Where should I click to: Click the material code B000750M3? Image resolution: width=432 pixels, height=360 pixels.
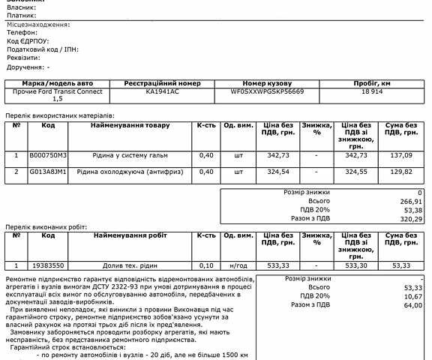tap(48, 154)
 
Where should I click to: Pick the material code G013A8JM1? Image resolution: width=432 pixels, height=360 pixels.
tap(48, 172)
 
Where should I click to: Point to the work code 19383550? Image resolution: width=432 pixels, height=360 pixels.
tap(48, 265)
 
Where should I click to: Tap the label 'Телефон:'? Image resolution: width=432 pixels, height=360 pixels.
tap(22, 34)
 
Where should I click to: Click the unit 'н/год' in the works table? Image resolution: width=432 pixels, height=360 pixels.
tap(238, 265)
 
